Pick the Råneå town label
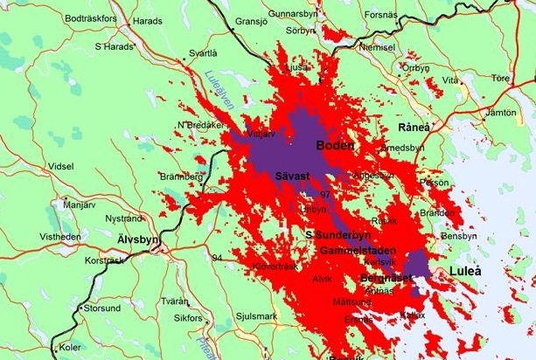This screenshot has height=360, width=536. click(414, 128)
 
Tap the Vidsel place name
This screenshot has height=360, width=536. click(61, 166)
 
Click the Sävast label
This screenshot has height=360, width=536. click(293, 177)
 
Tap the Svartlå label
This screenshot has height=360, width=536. click(203, 53)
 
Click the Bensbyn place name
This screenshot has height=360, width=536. click(460, 237)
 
